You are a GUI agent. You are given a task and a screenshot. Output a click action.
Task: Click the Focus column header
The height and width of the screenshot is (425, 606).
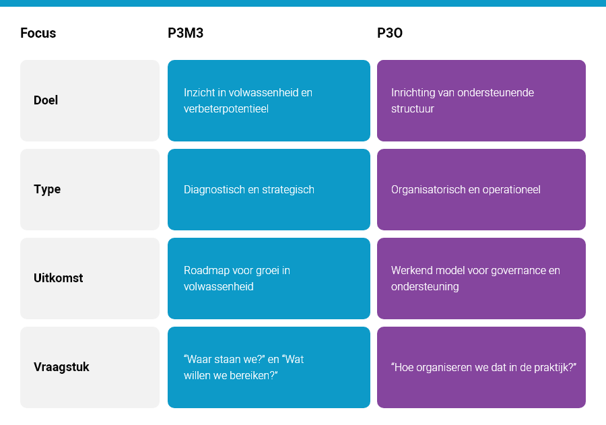(38, 33)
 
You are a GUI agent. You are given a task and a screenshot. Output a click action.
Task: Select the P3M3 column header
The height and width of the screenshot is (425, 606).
(186, 33)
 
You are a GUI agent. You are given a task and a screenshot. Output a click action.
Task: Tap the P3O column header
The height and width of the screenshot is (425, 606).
(390, 33)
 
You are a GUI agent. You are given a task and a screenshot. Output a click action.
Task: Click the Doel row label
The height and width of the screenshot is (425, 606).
(46, 100)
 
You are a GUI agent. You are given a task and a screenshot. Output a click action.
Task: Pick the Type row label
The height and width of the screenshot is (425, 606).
(47, 189)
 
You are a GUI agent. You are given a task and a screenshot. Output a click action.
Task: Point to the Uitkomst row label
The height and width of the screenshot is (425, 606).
(58, 277)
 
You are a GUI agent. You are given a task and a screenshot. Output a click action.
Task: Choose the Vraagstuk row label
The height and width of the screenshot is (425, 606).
(61, 367)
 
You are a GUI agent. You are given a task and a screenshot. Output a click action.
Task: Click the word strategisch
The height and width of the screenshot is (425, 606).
(290, 189)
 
